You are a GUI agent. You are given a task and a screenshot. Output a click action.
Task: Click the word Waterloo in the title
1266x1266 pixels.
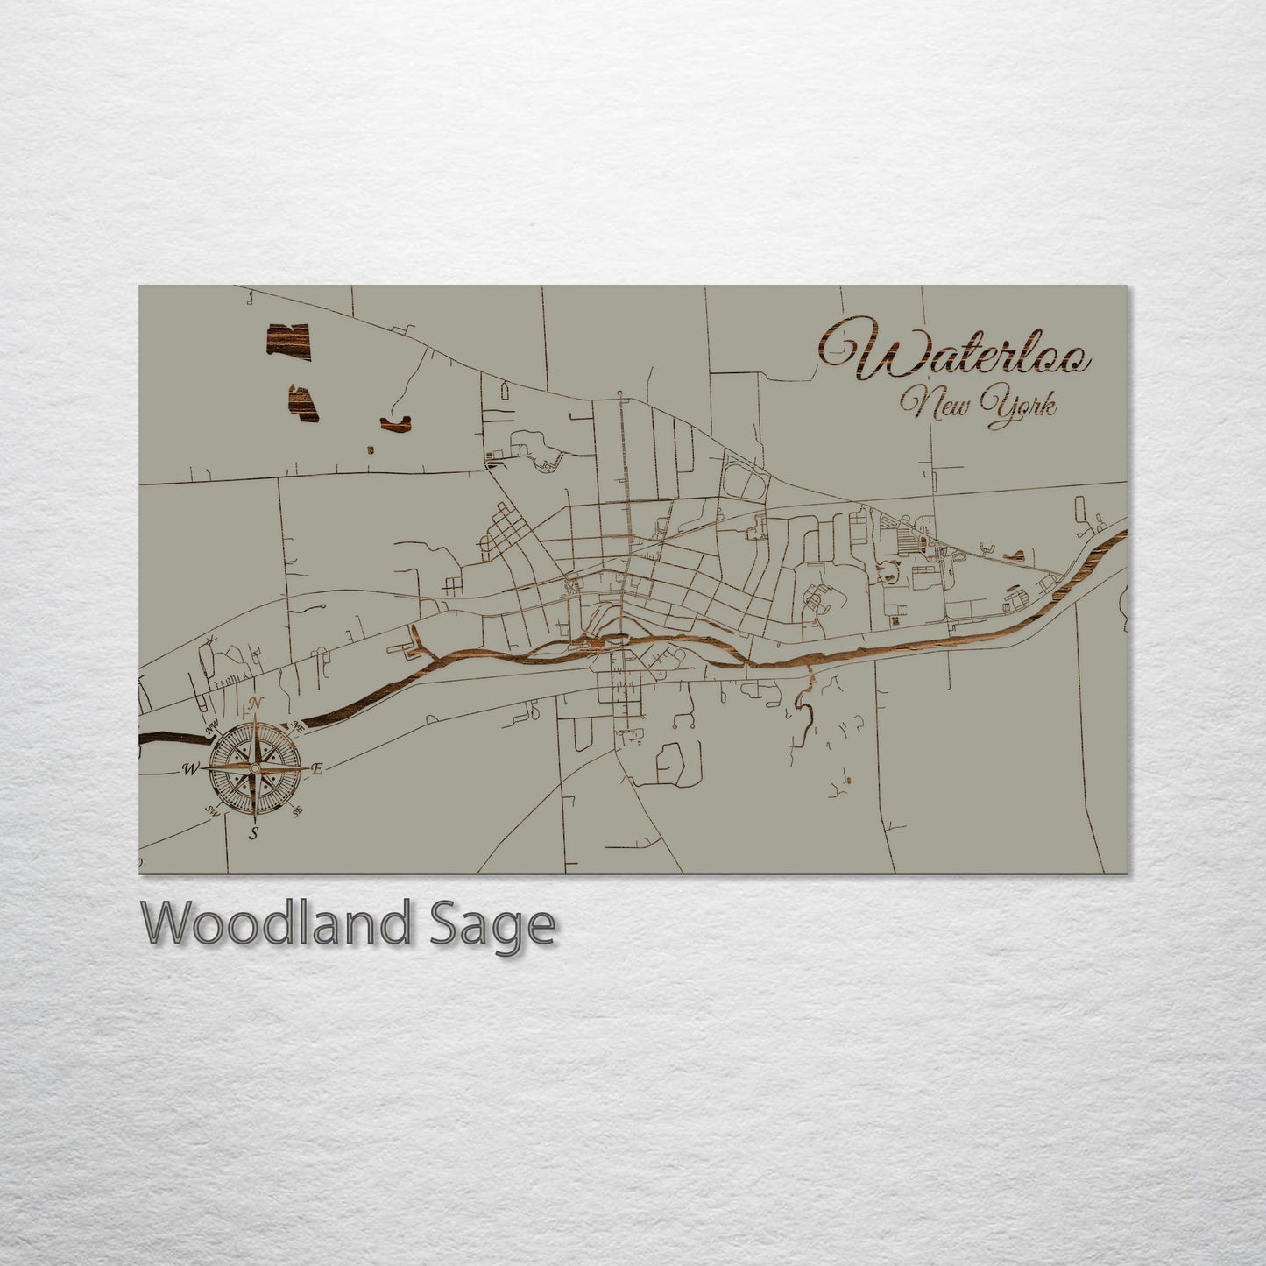pos(955,352)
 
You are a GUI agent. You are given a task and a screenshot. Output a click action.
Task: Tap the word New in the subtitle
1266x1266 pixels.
pos(934,405)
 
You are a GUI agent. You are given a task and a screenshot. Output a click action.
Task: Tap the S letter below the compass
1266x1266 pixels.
pos(253,832)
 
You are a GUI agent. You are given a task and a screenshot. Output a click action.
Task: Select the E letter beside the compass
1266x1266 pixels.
pos(318,768)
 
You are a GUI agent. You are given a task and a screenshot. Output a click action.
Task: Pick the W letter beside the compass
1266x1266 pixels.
pos(189,769)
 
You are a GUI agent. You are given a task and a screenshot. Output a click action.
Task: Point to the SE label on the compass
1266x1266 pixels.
pos(298,812)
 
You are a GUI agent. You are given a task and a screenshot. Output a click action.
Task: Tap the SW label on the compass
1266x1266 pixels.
pos(210,810)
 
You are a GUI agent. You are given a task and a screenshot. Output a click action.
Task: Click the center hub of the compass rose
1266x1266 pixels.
pos(254,768)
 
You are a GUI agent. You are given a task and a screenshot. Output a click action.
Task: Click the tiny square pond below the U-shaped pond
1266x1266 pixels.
pos(371,449)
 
